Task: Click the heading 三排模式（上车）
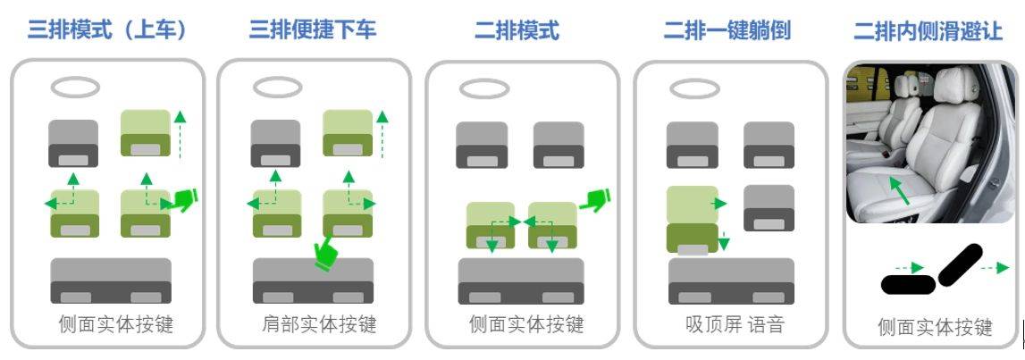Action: pos(108,30)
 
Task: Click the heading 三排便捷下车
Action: pos(313,29)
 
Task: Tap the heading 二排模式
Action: pos(517,30)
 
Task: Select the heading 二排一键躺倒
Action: pos(727,30)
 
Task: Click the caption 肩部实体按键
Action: pos(320,324)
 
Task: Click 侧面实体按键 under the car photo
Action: pos(936,327)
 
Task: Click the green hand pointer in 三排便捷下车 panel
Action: pos(327,255)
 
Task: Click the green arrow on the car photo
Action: pos(900,189)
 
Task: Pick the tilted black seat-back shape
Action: pos(961,264)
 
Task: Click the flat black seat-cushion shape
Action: pos(909,284)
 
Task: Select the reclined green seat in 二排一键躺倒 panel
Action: pos(693,220)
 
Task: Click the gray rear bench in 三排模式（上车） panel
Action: pos(111,281)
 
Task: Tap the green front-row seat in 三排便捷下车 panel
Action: pos(348,133)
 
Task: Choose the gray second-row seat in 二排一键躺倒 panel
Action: pos(769,208)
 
